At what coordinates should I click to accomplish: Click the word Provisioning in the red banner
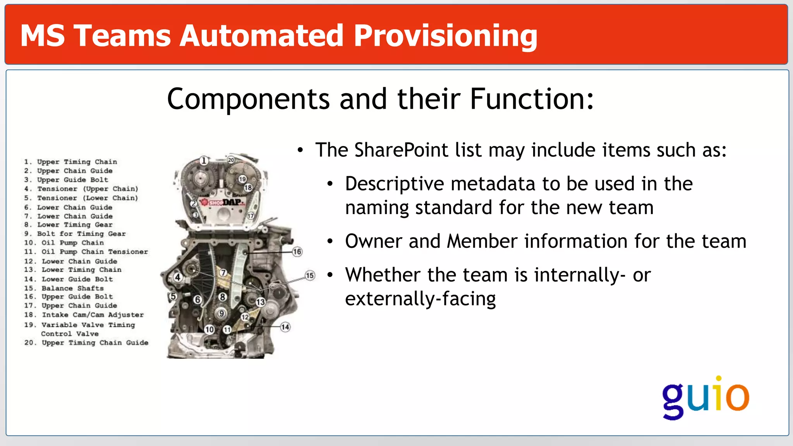click(445, 36)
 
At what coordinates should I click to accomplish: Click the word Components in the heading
click(248, 99)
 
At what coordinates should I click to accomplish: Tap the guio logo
click(705, 397)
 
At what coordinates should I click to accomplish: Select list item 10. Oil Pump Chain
click(64, 243)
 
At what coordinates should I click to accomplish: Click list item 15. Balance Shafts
click(64, 288)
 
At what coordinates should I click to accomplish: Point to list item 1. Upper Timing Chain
click(70, 162)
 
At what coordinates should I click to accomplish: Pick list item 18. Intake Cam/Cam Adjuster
click(84, 315)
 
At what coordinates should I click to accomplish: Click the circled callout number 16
click(297, 252)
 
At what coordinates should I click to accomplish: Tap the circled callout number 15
click(310, 276)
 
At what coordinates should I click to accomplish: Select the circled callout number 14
click(285, 327)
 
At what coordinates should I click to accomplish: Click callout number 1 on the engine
click(204, 160)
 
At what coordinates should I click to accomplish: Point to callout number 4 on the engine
click(178, 277)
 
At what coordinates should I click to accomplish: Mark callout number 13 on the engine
click(261, 302)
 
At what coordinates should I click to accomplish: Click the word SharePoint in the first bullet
click(401, 150)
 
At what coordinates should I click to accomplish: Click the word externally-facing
click(420, 299)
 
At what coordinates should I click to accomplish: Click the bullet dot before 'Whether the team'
click(330, 275)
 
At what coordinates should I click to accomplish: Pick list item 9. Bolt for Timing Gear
click(75, 234)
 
